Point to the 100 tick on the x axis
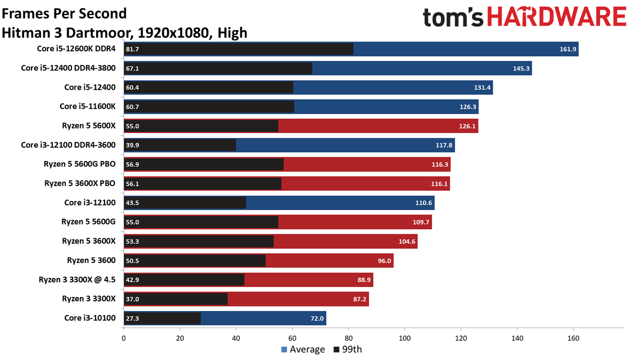click(405, 338)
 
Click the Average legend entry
click(303, 350)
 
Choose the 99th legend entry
click(348, 350)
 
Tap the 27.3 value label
click(133, 318)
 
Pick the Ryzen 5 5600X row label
click(89, 126)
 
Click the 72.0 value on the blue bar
click(317, 318)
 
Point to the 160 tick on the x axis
click(573, 338)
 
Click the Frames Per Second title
click(65, 13)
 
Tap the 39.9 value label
click(133, 145)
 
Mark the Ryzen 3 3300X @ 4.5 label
click(77, 280)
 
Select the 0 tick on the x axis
click(124, 338)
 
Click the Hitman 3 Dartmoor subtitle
click(125, 33)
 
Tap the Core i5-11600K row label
click(87, 107)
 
